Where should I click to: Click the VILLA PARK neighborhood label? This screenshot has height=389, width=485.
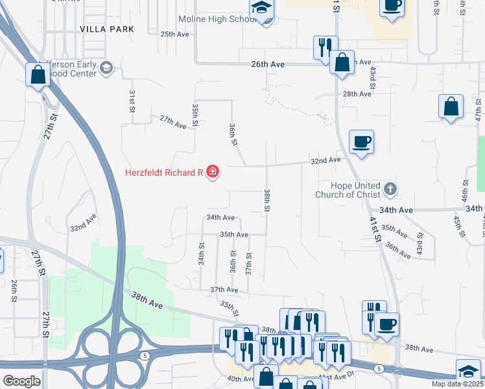[107, 29]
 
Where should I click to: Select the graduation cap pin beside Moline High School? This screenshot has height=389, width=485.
[263, 9]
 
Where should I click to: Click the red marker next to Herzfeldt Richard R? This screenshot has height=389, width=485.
[213, 172]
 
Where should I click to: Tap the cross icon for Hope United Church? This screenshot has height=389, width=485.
[389, 189]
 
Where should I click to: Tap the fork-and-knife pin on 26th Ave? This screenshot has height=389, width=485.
[325, 47]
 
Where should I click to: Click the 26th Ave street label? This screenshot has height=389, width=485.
[268, 65]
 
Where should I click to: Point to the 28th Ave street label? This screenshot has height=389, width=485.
[357, 94]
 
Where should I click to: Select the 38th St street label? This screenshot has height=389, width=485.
[266, 201]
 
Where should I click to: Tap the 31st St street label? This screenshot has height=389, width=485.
[132, 102]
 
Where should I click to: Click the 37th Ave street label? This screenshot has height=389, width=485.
[224, 290]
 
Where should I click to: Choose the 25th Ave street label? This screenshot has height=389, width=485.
[173, 34]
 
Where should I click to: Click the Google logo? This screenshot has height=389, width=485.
[21, 381]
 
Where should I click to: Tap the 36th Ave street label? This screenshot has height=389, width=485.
[398, 251]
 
